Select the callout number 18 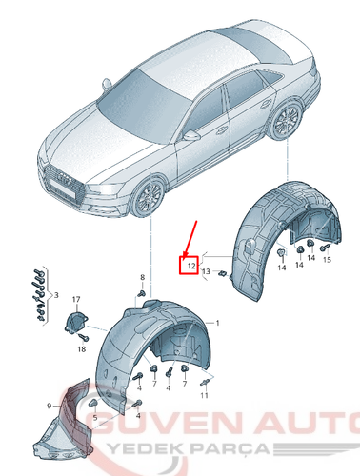pyautogui.click(x=81, y=350)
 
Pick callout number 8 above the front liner pyautogui.click(x=142, y=277)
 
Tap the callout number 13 pyautogui.click(x=207, y=272)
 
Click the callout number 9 pyautogui.click(x=50, y=406)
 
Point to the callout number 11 pyautogui.click(x=205, y=395)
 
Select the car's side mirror pyautogui.click(x=193, y=135)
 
